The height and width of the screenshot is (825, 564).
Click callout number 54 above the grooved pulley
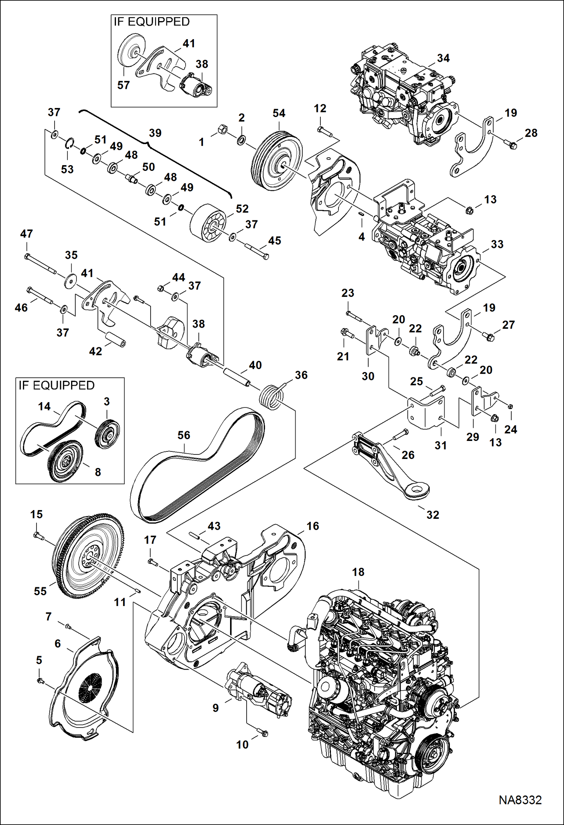279,113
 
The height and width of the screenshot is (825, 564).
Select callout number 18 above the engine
358,572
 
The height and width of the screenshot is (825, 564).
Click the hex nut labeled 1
222,130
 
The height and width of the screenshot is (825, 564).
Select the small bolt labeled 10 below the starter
262,733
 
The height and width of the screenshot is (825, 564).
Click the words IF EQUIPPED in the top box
152,22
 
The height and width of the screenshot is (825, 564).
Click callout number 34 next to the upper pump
443,58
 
